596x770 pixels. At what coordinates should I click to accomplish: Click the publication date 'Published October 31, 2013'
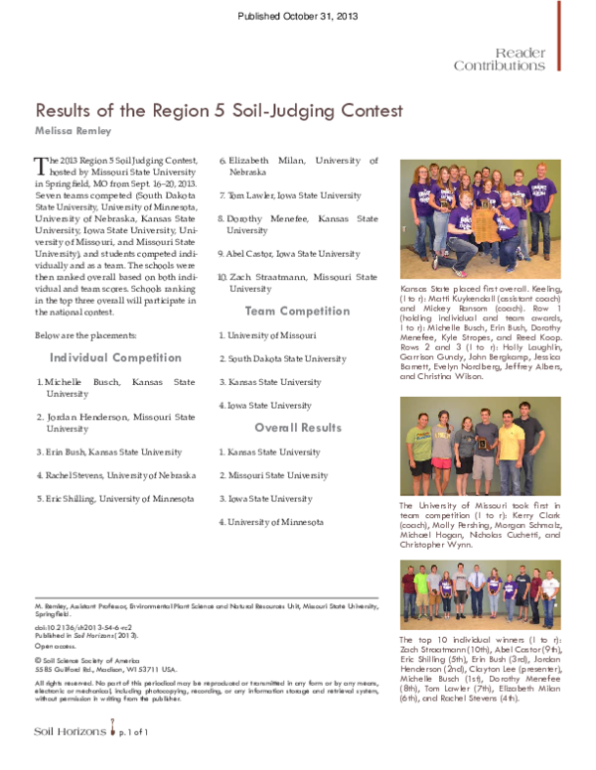[x=297, y=17]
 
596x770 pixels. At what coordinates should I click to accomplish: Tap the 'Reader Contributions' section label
[x=500, y=59]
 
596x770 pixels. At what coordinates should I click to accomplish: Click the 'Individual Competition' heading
[x=115, y=357]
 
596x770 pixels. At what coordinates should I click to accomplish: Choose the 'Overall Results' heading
[x=297, y=428]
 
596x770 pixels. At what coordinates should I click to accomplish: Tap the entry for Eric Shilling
[x=117, y=499]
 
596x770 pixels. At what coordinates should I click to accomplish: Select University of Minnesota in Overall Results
[x=273, y=521]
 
